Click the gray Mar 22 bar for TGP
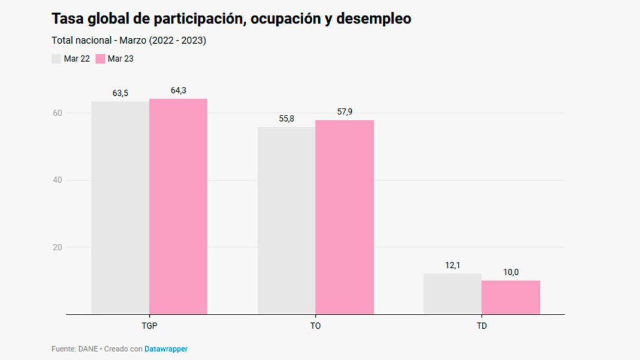point(120,207)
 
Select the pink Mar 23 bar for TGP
point(178,206)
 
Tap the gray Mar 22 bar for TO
point(286,220)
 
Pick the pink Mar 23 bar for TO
point(345,217)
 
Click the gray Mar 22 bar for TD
point(452,294)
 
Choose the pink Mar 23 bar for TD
point(511,297)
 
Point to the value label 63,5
point(120,93)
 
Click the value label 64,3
point(178,90)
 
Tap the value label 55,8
point(286,119)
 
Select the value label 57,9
point(345,112)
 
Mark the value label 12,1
point(452,265)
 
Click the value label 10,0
point(511,272)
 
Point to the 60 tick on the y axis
point(58,113)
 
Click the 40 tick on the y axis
point(58,180)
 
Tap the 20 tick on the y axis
point(58,247)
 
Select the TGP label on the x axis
point(149,326)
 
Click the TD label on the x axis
point(482,326)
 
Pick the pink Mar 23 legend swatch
point(100,59)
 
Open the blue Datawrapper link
point(166,349)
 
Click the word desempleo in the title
point(373,19)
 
